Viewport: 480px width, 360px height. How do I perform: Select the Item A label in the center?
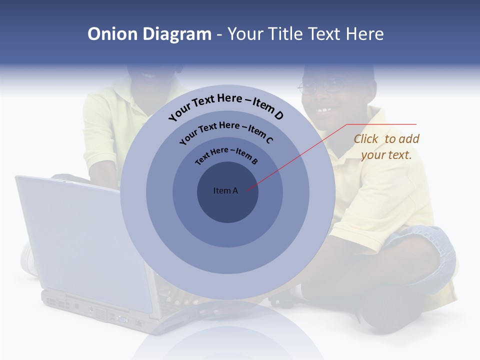click(x=225, y=190)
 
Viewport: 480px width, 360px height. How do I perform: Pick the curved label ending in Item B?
click(x=226, y=155)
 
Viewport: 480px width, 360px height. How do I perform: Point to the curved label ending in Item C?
click(x=226, y=132)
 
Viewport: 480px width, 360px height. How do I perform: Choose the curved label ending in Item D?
click(x=226, y=106)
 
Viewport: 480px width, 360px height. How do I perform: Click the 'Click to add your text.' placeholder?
click(x=386, y=147)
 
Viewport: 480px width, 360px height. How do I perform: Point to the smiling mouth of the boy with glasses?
click(x=325, y=109)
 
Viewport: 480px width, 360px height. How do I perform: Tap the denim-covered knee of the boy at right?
click(x=425, y=245)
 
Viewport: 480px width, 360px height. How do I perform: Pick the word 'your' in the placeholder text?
click(x=372, y=155)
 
